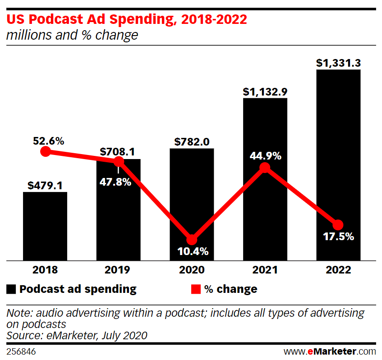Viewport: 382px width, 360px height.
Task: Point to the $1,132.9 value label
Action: (265, 91)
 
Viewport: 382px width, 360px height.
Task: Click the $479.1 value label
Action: (45, 186)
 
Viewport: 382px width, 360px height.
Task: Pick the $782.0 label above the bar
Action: (192, 142)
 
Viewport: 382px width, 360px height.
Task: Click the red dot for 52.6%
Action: (45, 151)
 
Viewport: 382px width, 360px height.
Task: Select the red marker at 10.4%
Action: (192, 240)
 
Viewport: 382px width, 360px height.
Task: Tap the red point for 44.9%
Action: (265, 168)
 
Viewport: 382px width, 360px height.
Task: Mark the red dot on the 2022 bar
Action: (338, 224)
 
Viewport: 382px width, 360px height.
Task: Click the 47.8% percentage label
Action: (118, 182)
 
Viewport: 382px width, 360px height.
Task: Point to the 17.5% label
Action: (338, 237)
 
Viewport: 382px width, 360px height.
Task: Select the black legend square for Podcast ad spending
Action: (11, 289)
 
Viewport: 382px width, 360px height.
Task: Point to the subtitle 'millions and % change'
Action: (72, 35)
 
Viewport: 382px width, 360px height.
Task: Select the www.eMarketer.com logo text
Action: (329, 351)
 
